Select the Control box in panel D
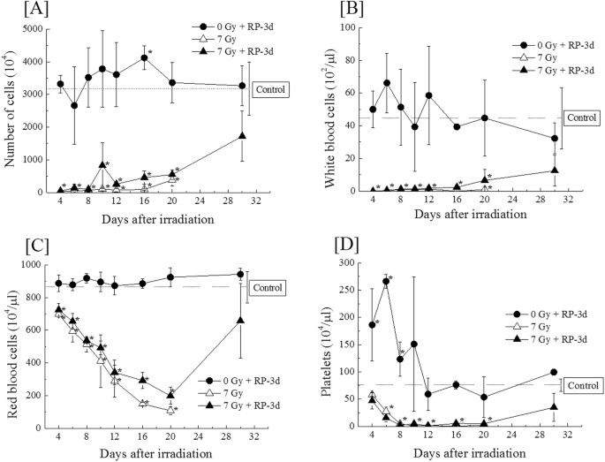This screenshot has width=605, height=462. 581,385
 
